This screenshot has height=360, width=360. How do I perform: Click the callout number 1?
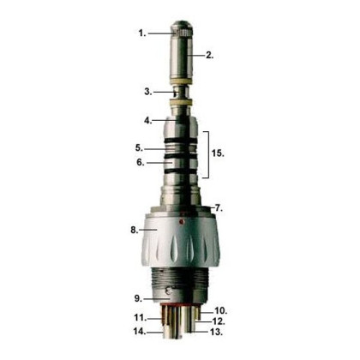[x=141, y=33]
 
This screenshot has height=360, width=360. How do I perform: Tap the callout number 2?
[x=209, y=54]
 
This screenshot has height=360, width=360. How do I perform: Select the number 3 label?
[x=148, y=90]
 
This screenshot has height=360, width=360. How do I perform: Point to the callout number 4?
[x=148, y=119]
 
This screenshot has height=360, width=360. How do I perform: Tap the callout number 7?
[x=219, y=208]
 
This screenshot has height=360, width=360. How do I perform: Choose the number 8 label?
[x=134, y=230]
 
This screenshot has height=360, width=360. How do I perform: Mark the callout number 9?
[x=137, y=298]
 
